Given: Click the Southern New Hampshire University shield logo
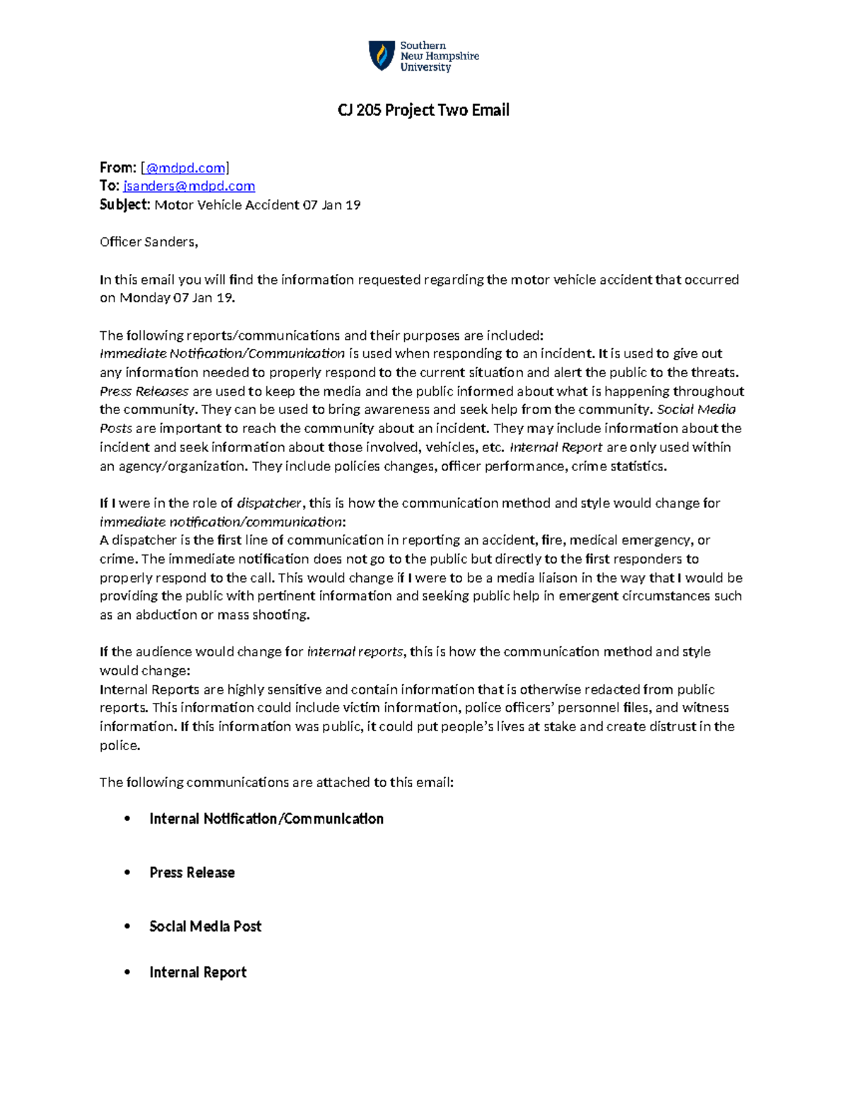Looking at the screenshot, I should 382,56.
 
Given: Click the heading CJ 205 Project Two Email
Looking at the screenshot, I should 423,110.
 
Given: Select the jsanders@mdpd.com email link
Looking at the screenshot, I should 189,186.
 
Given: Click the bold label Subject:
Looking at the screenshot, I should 125,205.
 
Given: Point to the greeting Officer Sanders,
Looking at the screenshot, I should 148,242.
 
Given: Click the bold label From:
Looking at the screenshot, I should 118,167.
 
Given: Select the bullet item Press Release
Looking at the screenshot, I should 192,872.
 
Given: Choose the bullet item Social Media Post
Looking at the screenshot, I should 205,926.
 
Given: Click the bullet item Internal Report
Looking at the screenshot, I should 198,973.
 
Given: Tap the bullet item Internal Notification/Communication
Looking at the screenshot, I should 266,819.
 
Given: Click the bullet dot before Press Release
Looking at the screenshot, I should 127,872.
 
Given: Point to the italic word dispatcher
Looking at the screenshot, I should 269,503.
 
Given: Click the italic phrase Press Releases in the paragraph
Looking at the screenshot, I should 144,391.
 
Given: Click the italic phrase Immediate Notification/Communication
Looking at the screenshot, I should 222,353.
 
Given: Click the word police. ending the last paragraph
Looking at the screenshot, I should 120,745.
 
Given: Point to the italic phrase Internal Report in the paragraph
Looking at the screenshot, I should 556,447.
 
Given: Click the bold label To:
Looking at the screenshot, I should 110,186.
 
